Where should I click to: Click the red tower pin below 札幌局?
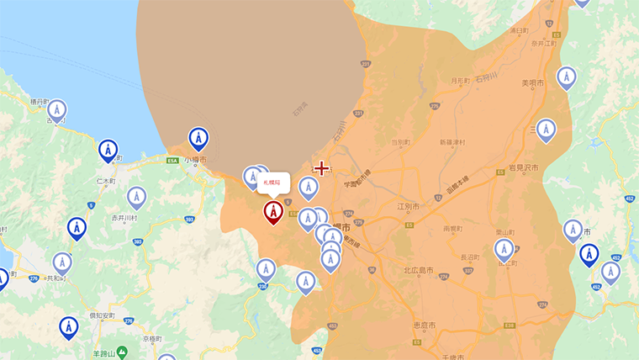tap(273, 211)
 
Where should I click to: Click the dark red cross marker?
tap(321, 168)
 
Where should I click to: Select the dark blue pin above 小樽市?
tap(198, 138)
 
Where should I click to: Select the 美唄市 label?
tap(533, 83)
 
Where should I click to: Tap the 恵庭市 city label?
tap(424, 325)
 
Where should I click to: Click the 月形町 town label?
tap(458, 82)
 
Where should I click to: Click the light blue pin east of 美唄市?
tap(567, 77)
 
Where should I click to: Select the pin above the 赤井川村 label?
tap(136, 197)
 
